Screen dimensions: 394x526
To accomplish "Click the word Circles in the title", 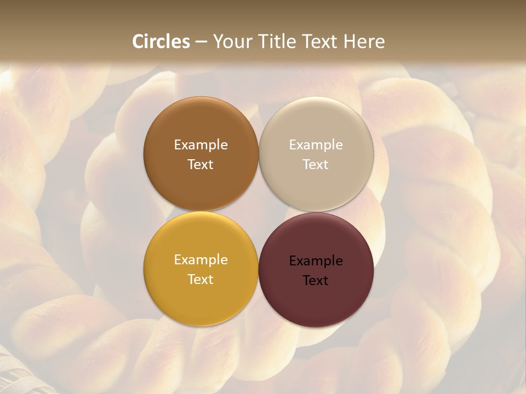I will tap(161, 42).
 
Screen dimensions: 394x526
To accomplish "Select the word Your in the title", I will tap(231, 42).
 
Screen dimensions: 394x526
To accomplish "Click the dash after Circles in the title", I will tap(201, 42).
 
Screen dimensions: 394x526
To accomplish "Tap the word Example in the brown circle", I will tap(201, 145).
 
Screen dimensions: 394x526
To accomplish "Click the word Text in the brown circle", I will tap(201, 165).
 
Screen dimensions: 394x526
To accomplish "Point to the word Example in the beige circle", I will tap(316, 145).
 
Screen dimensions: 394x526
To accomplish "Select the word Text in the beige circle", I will tap(316, 165).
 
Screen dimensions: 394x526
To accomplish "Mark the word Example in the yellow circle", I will tap(201, 260).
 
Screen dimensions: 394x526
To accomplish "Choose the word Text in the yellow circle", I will tap(201, 280).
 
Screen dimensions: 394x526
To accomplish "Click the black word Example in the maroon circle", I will tap(316, 261).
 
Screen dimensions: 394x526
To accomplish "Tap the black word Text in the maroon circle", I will tap(316, 281).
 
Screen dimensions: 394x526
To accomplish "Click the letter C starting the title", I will tap(138, 42).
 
